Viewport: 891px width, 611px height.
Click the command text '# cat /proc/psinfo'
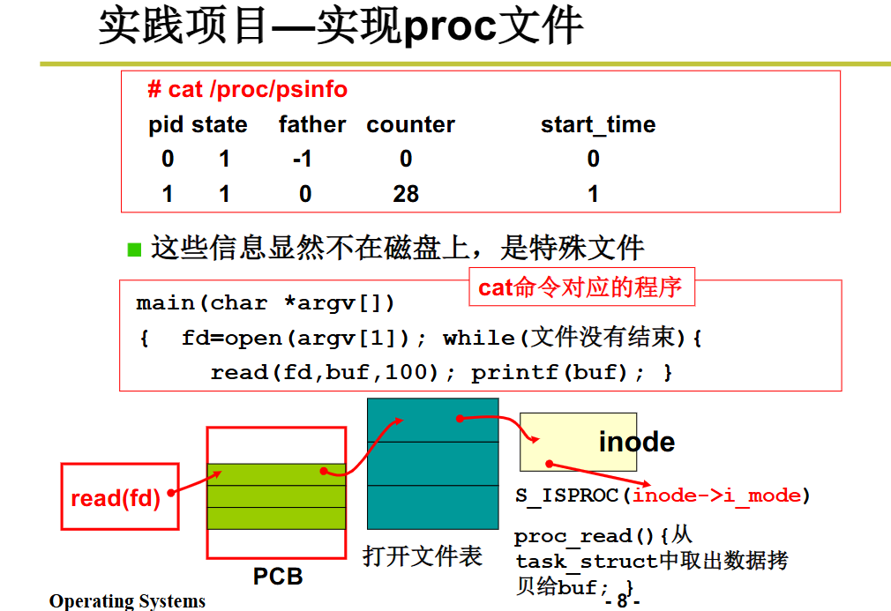point(247,90)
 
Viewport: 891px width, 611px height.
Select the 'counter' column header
point(410,125)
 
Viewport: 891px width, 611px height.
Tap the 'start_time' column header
point(598,125)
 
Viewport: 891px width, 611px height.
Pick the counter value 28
point(406,194)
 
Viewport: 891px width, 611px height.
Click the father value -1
point(303,160)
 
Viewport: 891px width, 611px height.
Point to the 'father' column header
point(312,125)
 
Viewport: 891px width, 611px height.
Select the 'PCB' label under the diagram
point(278,577)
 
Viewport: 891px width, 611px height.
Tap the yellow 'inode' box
point(578,441)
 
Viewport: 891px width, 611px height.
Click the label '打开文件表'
point(423,556)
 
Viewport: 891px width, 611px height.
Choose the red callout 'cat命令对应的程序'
point(580,287)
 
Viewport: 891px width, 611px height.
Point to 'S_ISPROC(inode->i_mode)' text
point(663,496)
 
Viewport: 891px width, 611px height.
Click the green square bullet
point(134,249)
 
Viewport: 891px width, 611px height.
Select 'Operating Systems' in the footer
point(127,601)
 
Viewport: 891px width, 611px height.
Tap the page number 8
point(622,602)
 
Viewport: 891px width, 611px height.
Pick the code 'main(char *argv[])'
point(266,303)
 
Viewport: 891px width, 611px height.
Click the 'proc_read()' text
point(585,536)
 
